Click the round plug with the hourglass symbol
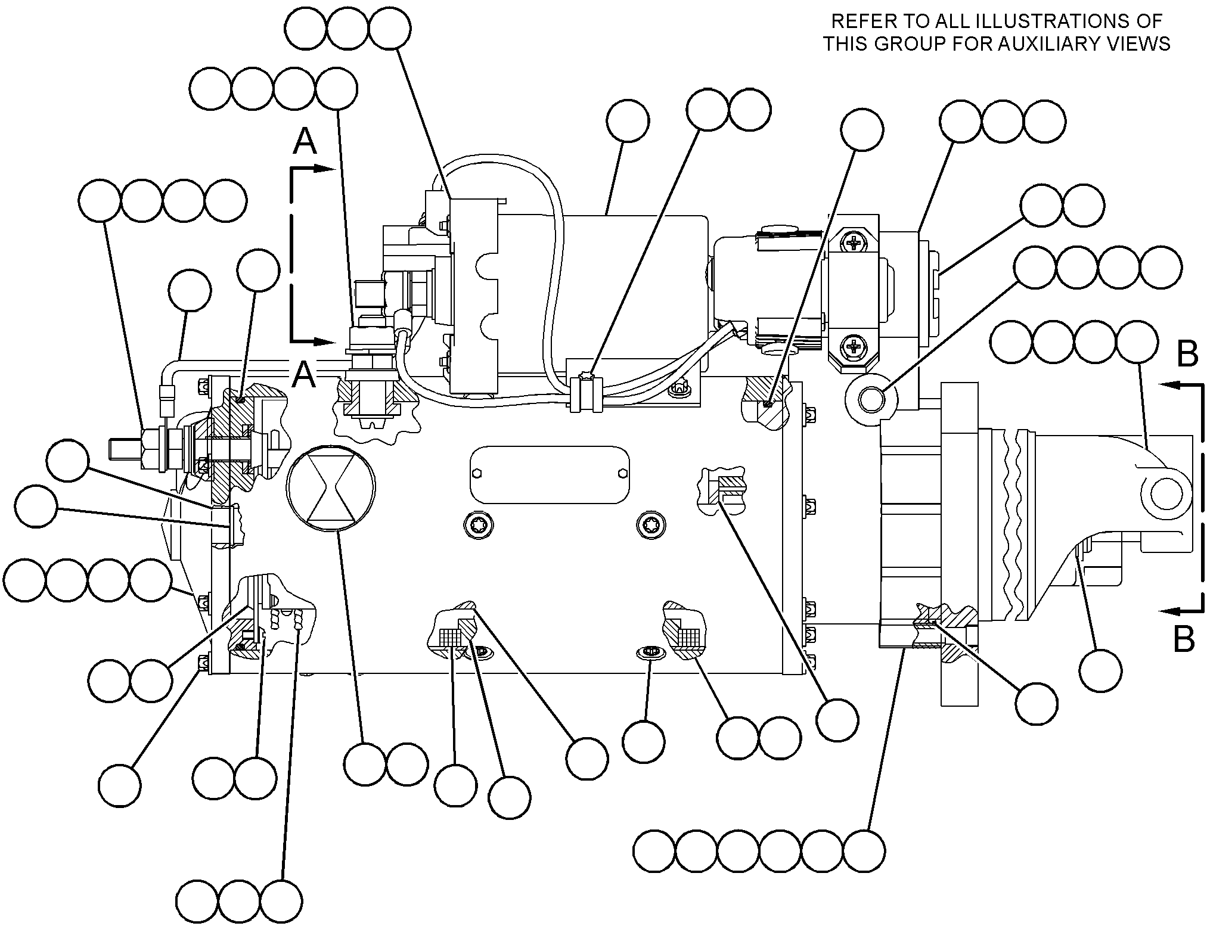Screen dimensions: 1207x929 tap(331, 487)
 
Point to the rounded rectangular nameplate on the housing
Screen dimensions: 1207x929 tap(550, 475)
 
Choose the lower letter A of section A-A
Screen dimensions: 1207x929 tap(303, 375)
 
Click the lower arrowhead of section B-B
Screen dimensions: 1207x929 tap(1169, 610)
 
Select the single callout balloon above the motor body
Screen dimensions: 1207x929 tap(628, 121)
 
